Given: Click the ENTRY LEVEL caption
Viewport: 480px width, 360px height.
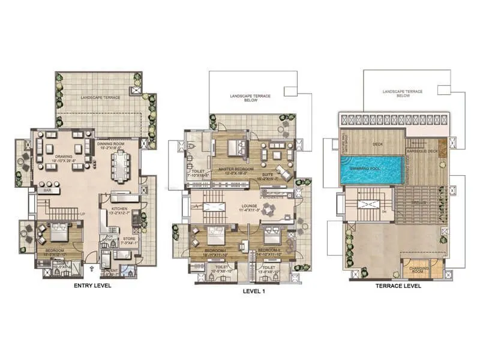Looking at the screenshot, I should tap(92, 286).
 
